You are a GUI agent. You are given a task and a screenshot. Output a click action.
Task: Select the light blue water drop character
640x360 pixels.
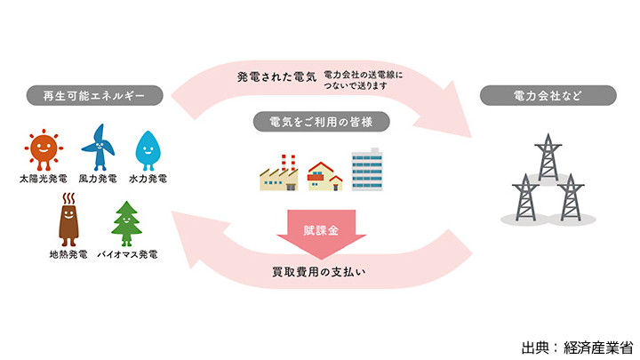pyautogui.click(x=147, y=149)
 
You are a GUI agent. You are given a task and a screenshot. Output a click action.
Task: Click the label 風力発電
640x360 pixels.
pyautogui.click(x=96, y=179)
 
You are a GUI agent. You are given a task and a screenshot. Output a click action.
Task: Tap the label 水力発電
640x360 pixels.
pyautogui.click(x=148, y=179)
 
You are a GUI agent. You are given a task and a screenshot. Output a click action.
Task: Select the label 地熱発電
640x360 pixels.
pyautogui.click(x=68, y=255)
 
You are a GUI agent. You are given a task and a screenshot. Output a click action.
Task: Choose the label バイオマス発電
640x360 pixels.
pyautogui.click(x=126, y=255)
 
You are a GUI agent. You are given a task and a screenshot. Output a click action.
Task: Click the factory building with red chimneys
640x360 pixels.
pyautogui.click(x=280, y=172)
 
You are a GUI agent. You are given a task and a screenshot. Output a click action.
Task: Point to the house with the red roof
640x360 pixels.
pyautogui.click(x=324, y=175)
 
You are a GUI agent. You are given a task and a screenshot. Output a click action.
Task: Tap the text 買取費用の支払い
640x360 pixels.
pyautogui.click(x=319, y=270)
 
